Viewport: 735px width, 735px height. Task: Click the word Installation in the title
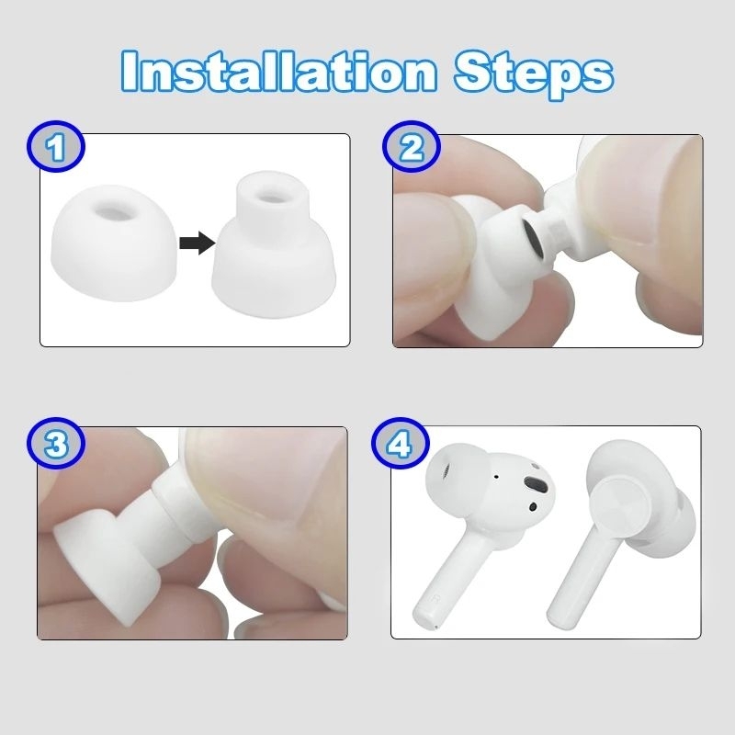(x=279, y=71)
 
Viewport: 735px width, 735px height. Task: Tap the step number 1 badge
(x=56, y=146)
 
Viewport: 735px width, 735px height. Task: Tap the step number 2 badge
(x=412, y=146)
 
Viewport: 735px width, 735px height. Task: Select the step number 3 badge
(x=56, y=443)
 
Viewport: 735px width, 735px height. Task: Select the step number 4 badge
(x=401, y=443)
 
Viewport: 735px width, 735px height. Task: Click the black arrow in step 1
(x=198, y=243)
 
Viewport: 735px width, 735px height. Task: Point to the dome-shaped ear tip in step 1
(x=113, y=243)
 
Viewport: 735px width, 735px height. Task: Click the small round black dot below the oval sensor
(x=533, y=506)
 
